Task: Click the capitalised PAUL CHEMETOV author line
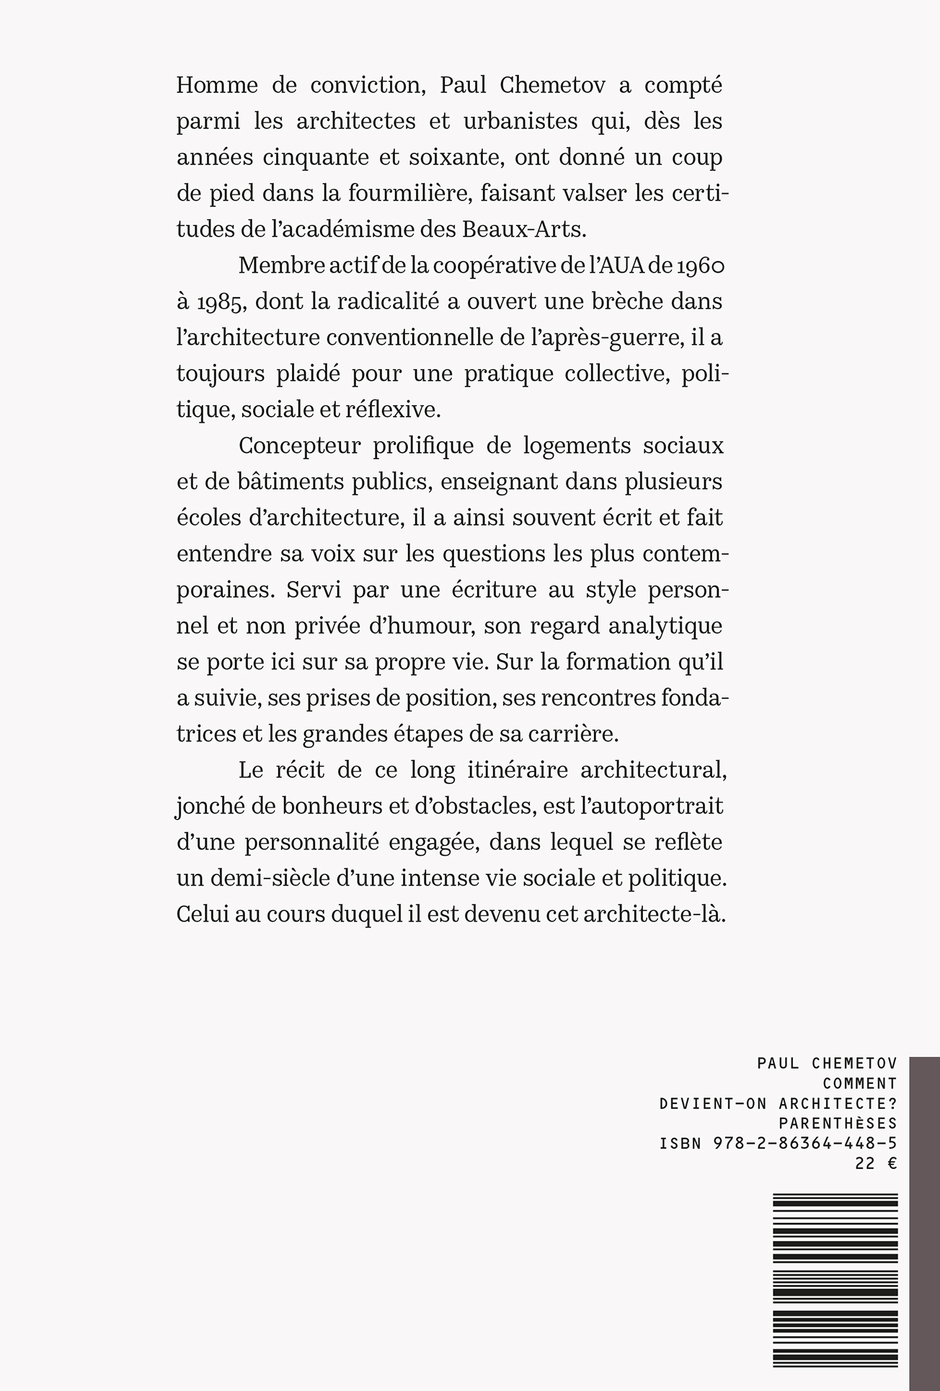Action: pyautogui.click(x=828, y=1063)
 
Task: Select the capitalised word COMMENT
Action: pyautogui.click(x=859, y=1083)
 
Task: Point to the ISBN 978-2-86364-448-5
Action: pyautogui.click(x=778, y=1144)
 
